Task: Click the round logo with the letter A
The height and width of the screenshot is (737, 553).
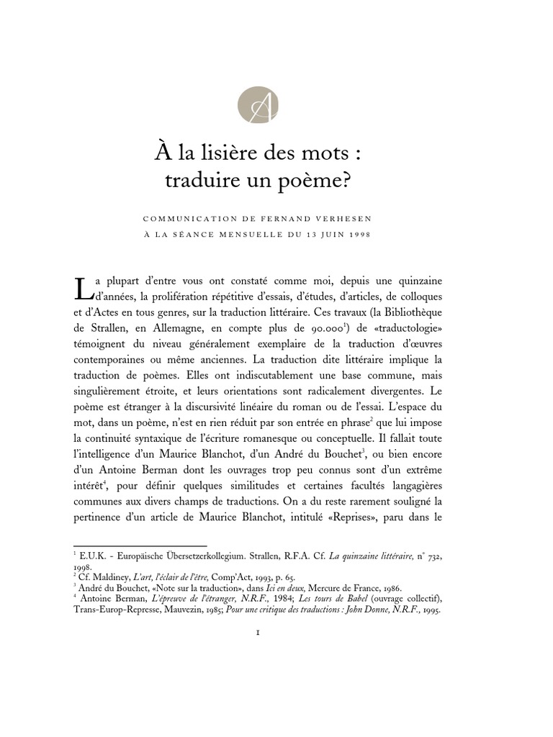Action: point(257,105)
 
